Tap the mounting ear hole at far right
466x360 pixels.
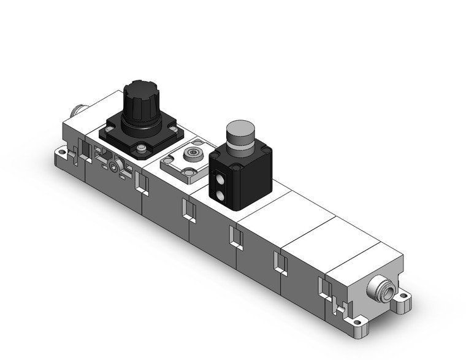403,300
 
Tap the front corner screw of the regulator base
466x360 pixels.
142,147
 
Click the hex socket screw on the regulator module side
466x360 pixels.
114,166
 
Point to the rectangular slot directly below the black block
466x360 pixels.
235,236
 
